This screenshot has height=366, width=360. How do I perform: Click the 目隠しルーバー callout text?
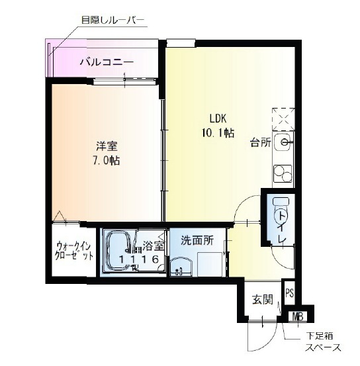click(x=112, y=21)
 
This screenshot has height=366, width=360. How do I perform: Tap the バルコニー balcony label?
click(x=107, y=62)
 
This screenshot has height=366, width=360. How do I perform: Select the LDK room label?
click(x=218, y=118)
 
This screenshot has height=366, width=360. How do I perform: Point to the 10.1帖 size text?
click(x=218, y=133)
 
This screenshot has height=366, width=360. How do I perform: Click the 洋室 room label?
click(x=107, y=146)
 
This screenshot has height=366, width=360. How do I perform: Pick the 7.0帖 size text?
click(x=107, y=161)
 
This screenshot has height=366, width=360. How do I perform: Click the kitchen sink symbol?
click(x=283, y=142)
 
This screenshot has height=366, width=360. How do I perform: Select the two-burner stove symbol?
click(x=283, y=173)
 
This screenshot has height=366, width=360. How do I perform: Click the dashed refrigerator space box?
click(x=283, y=119)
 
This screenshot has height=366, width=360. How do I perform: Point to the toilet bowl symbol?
click(x=281, y=211)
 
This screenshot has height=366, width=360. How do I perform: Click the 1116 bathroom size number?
click(x=139, y=259)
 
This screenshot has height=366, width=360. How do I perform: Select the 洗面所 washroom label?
click(x=197, y=240)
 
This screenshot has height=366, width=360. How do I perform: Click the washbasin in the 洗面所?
click(x=181, y=266)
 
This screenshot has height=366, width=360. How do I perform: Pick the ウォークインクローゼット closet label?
click(x=73, y=251)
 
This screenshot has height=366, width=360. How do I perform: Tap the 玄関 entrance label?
click(x=263, y=299)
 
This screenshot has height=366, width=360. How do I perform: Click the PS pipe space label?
click(x=289, y=293)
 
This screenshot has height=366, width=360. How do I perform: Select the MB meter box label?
click(x=298, y=317)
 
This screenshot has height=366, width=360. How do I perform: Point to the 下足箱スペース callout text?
click(x=323, y=342)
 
